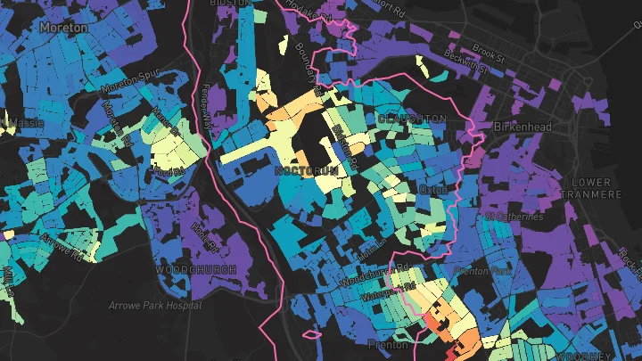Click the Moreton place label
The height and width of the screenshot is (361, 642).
point(63,28)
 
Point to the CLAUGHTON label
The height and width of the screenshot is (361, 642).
point(411,119)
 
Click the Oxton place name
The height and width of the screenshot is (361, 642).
point(432,190)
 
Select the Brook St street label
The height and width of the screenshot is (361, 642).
point(489,49)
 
